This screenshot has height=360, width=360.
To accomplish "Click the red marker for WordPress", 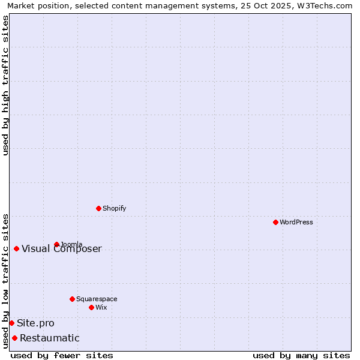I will click(x=275, y=222).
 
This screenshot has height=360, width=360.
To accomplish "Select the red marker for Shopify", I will click(x=98, y=208).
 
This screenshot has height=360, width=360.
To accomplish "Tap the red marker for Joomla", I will click(x=56, y=244).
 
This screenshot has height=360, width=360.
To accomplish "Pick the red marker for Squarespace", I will click(x=72, y=299).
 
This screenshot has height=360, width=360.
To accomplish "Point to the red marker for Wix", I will click(x=91, y=307).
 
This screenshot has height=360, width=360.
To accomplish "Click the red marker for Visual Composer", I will click(x=16, y=248).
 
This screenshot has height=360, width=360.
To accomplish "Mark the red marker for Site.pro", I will click(x=11, y=323).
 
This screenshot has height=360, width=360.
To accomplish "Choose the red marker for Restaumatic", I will click(x=14, y=338).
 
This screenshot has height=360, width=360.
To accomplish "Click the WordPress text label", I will click(x=296, y=222).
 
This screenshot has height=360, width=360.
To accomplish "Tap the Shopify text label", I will click(x=115, y=208).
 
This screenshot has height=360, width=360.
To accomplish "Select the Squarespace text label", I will click(x=97, y=299).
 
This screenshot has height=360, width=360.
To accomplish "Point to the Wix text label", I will click(x=101, y=307).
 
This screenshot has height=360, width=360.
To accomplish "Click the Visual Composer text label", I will click(x=62, y=249).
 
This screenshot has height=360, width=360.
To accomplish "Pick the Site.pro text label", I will click(x=35, y=323).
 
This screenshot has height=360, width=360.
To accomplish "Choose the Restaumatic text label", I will click(x=50, y=338).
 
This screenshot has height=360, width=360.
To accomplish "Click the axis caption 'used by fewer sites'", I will click(x=62, y=355).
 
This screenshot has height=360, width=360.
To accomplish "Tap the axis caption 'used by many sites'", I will click(x=301, y=355).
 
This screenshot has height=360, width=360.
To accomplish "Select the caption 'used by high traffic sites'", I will click(x=6, y=85).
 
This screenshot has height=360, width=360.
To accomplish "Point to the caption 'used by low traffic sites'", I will click(x=6, y=280).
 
